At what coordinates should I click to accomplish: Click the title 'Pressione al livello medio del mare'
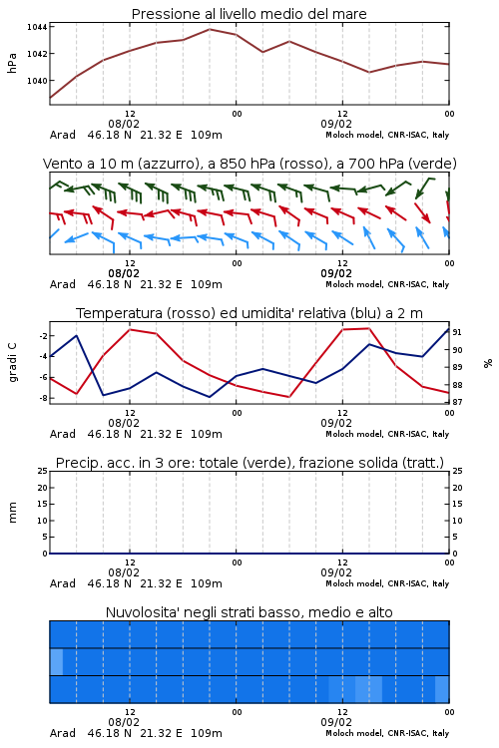point(249,14)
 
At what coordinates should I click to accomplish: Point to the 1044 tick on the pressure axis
point(37,27)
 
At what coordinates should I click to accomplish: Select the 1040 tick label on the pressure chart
point(37,81)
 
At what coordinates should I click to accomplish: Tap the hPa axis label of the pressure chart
point(12,63)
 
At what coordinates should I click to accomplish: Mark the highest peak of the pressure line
point(210,29)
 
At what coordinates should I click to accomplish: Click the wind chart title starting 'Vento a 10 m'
point(249,164)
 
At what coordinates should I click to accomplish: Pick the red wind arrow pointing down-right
point(422,212)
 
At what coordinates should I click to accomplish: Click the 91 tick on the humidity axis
point(457,332)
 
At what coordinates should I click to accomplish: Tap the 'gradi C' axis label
point(12,362)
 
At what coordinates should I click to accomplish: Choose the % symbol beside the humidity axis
point(488,363)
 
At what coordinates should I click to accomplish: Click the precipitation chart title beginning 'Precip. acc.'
point(249,463)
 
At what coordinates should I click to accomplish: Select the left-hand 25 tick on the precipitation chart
point(43,471)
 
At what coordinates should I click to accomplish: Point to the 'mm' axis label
point(12,513)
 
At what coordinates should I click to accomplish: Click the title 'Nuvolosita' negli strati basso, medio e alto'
point(249,612)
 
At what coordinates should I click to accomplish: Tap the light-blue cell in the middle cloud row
point(56,661)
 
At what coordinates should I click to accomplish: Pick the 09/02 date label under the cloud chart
point(336,722)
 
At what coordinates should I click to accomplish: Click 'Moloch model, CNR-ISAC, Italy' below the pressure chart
point(387,135)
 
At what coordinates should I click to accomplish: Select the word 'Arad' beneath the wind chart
point(63,284)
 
